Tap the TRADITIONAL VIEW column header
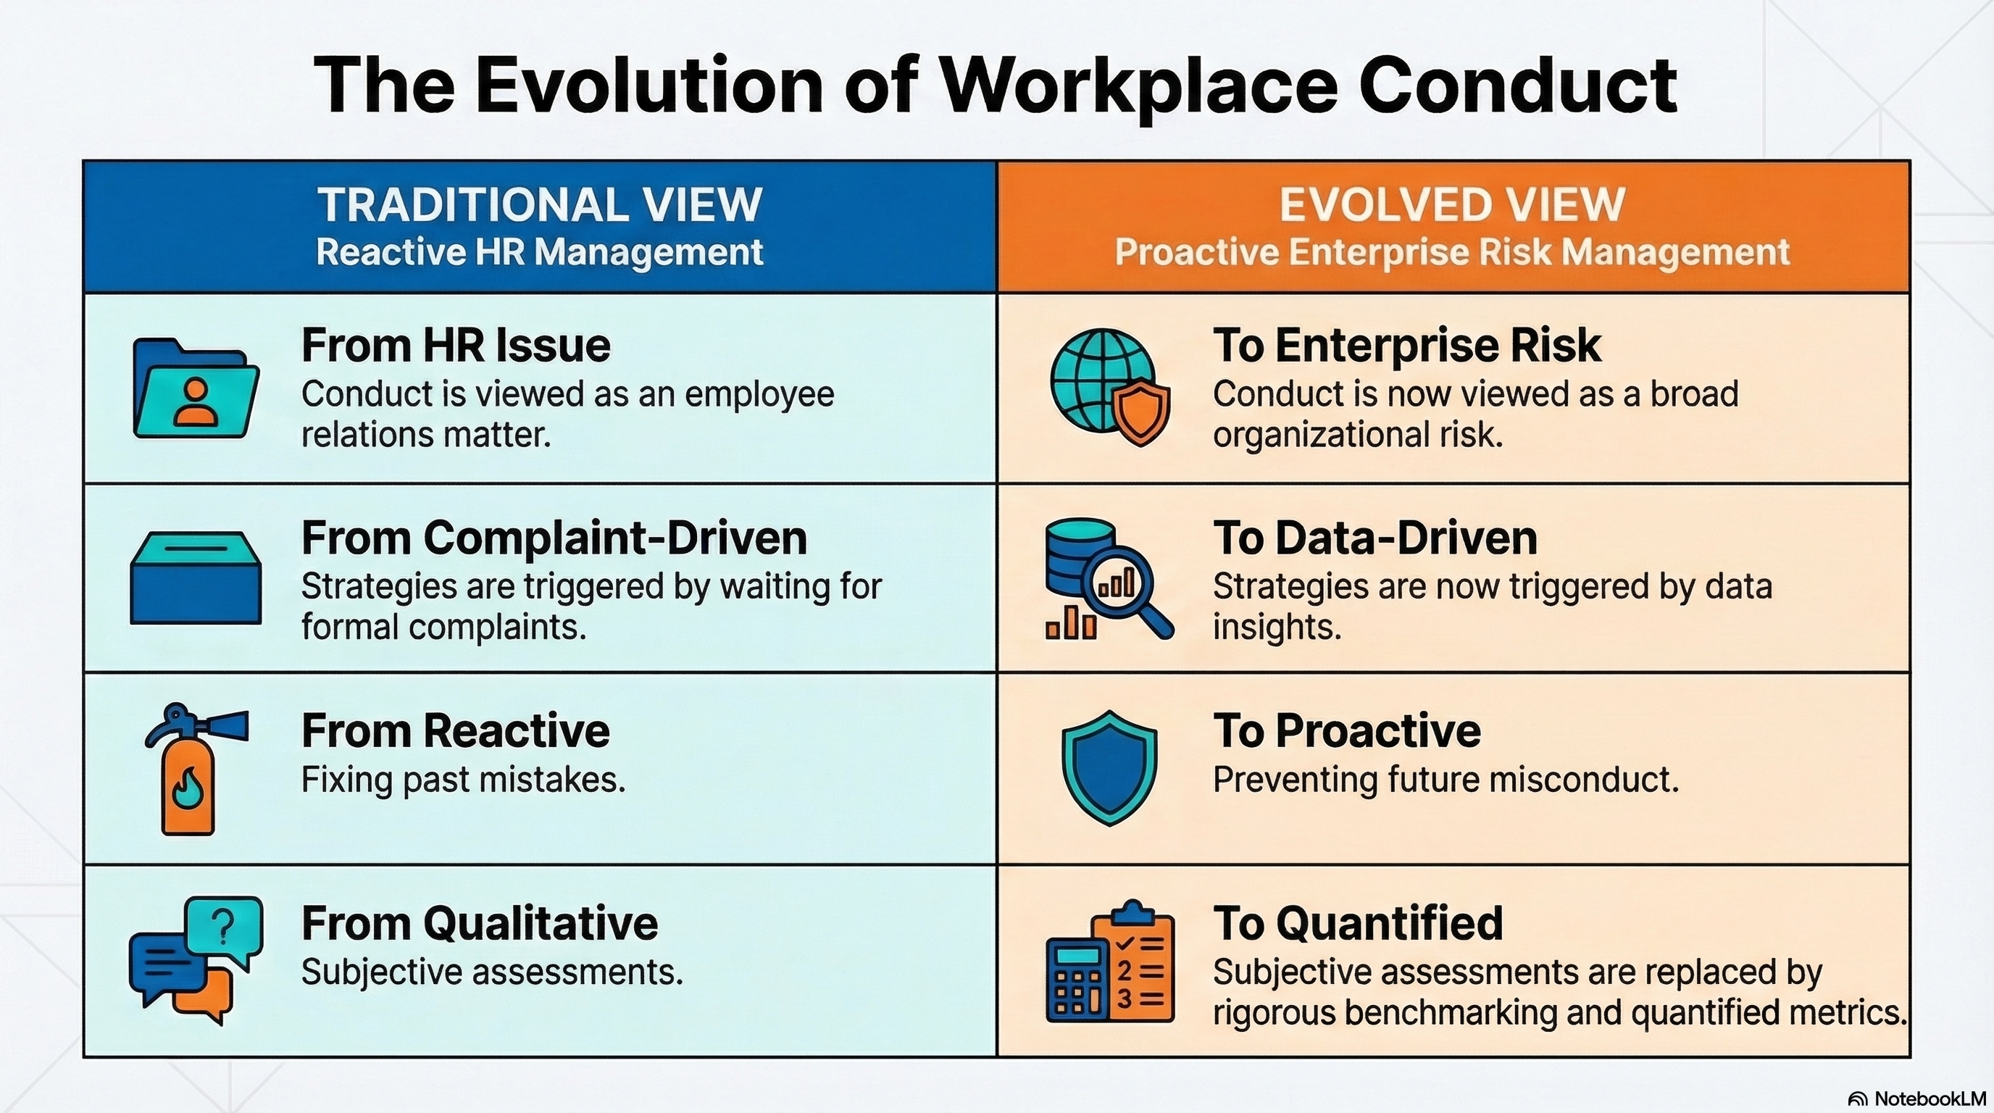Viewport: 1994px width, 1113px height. tap(540, 204)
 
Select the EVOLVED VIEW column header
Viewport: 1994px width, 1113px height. tap(1452, 204)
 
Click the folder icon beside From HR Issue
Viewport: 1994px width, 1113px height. tap(196, 388)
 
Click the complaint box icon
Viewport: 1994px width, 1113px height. tap(196, 578)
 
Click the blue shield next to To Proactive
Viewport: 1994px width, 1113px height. tap(1110, 768)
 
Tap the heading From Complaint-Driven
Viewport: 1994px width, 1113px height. tap(554, 537)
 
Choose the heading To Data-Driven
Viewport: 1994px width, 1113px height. tap(1374, 537)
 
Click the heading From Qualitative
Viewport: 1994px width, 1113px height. tap(480, 922)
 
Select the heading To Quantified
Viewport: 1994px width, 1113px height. tap(1358, 922)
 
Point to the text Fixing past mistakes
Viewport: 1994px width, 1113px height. tap(463, 780)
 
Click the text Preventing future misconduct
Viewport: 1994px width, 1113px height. tap(1446, 780)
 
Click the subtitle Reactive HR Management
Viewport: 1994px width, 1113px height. tap(540, 252)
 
